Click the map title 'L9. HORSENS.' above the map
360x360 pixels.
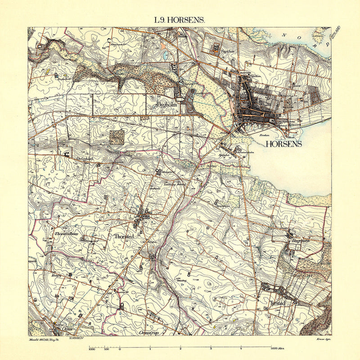tap(180, 20)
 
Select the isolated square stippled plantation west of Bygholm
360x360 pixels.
tap(117, 136)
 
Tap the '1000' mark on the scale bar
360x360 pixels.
tap(92, 348)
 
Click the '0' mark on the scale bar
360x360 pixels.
tap(120, 348)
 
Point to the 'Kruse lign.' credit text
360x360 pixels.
tap(324, 338)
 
